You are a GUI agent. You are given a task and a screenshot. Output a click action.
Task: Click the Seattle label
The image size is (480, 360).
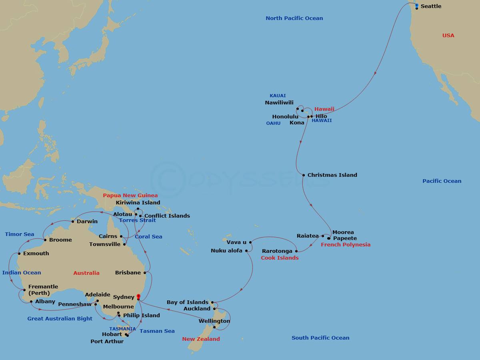point(431,6)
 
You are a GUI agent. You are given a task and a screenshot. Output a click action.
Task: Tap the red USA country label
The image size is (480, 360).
point(448,36)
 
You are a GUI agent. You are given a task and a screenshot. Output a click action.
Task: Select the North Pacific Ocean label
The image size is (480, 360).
point(294,18)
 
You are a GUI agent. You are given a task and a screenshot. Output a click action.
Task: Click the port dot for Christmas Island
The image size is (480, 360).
point(304,175)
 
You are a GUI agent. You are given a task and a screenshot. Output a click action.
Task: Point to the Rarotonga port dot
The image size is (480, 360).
point(296,251)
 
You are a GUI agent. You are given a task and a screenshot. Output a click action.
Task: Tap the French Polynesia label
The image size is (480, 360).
point(346,244)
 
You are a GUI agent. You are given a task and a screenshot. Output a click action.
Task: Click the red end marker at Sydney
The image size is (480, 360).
point(138,296)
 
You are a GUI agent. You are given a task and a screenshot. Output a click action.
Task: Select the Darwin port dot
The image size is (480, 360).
point(72,222)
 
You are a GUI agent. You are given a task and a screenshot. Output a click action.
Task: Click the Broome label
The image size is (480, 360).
point(60,240)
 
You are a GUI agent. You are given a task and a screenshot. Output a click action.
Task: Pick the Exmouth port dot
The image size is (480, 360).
point(19,253)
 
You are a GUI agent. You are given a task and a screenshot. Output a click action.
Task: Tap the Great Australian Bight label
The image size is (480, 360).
point(60,319)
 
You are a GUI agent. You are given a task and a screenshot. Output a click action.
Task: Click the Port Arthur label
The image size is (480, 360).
point(107,341)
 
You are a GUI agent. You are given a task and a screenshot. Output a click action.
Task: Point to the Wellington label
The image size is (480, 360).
point(214,321)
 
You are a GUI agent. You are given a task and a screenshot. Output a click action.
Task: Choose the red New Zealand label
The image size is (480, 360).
point(201,339)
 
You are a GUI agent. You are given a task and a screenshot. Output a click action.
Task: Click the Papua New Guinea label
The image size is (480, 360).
point(130,196)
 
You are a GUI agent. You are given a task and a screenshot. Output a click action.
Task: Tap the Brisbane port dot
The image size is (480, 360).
point(145,273)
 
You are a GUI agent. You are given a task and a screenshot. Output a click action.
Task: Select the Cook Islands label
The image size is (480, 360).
point(280,258)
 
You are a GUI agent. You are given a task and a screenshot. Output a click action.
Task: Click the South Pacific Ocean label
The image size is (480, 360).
point(320,338)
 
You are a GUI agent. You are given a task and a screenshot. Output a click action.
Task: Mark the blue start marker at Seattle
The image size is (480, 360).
point(416,5)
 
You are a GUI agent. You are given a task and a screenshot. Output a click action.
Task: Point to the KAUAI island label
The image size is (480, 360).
point(278,96)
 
